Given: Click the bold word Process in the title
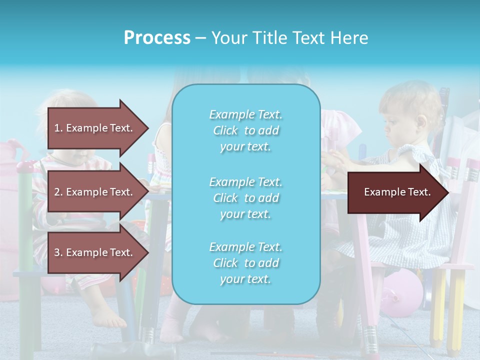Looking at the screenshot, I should point(157,38).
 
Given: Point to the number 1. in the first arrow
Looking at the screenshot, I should point(58,128).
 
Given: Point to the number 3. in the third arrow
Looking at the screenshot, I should point(58,252).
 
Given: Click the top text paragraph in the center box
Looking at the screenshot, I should point(245,130).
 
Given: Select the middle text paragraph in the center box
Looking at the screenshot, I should point(245,197).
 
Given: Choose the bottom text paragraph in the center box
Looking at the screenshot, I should point(245,263).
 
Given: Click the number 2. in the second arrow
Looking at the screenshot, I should point(58,192).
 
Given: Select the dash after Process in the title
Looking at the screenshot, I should point(200,38).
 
